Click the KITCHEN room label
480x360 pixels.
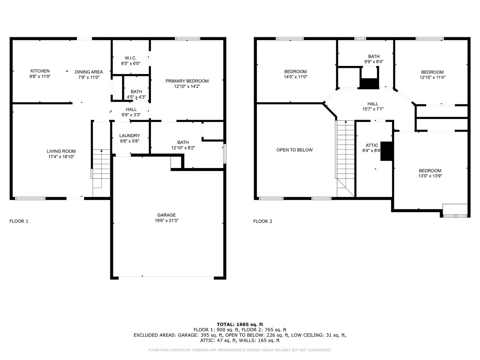[x=40, y=71]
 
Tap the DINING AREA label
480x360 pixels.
[x=89, y=72]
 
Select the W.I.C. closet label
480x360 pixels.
[x=131, y=58]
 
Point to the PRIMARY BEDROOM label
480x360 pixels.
[x=187, y=81]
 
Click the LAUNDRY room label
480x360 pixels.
[x=130, y=136]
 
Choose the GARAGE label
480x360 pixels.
[x=166, y=215]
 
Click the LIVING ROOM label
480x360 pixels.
[x=61, y=151]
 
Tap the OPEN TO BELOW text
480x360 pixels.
[x=295, y=150]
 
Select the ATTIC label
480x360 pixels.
[x=372, y=145]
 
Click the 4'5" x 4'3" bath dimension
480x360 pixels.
[x=136, y=97]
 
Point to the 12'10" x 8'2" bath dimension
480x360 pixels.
[x=183, y=148]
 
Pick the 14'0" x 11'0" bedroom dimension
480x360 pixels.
[x=295, y=77]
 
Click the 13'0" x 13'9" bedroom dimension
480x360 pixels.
[x=430, y=176]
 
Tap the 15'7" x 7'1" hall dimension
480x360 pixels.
[x=373, y=109]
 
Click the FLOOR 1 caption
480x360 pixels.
[x=19, y=221]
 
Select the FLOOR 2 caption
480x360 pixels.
[x=263, y=221]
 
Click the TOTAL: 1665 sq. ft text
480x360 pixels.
[x=240, y=324]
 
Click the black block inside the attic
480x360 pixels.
[x=386, y=151]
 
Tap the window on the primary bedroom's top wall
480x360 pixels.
[x=187, y=39]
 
